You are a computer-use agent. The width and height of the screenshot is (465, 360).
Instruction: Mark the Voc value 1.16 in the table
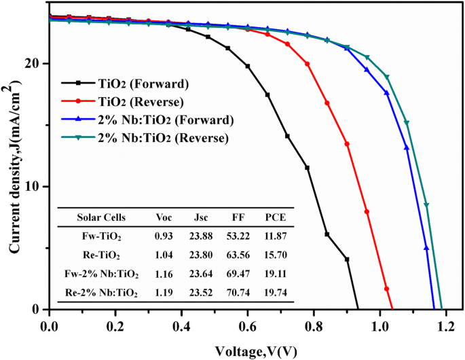(x=165, y=275)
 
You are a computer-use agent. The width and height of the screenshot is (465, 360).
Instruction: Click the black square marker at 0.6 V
(x=248, y=66)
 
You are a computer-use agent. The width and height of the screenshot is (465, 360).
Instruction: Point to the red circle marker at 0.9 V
(x=347, y=144)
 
